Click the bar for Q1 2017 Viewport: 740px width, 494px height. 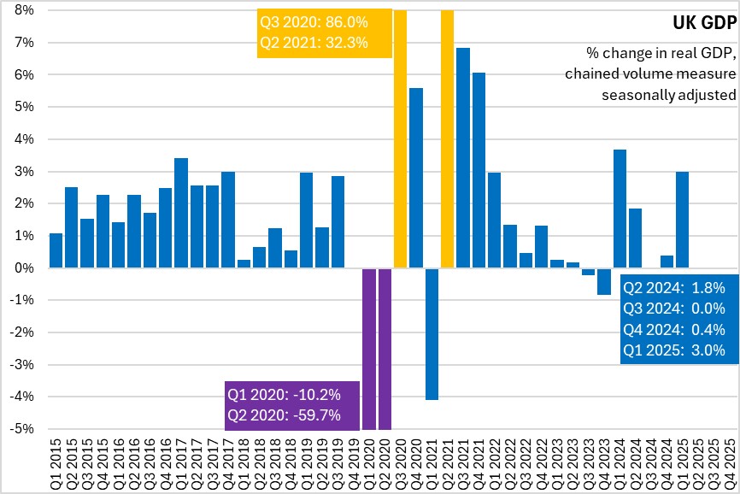(180, 213)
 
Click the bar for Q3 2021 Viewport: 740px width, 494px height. (463, 158)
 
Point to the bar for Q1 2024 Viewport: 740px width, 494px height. (620, 209)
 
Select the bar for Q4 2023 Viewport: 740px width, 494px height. (604, 281)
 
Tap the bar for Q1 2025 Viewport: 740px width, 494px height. (683, 220)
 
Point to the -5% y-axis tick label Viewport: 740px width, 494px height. (21, 429)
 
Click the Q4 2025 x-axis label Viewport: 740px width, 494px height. (730, 462)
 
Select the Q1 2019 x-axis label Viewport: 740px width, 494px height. (306, 462)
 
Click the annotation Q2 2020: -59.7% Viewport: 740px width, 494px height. (284, 415)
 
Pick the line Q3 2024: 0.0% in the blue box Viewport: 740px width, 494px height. (673, 308)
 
